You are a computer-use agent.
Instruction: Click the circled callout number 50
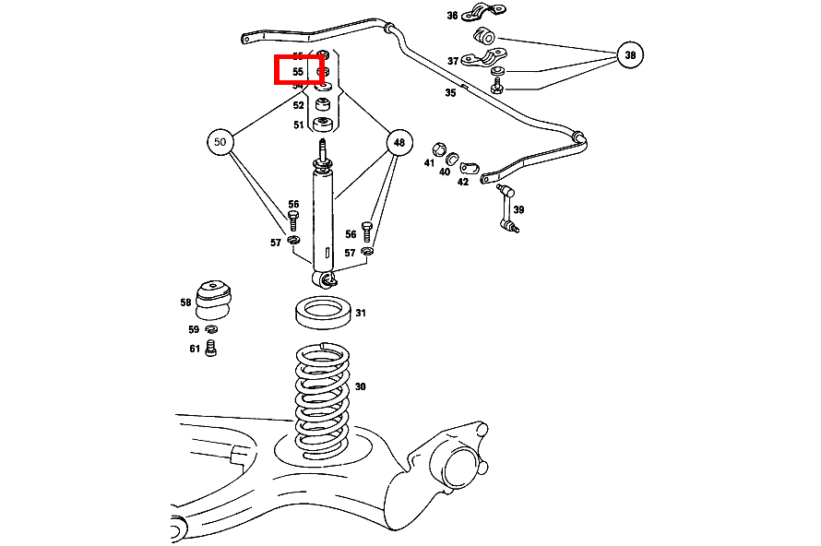pos(220,143)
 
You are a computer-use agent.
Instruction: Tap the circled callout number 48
pos(399,143)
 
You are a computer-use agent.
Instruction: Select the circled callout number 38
pos(630,56)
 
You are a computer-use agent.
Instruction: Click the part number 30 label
pos(360,386)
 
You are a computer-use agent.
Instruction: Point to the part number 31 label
pos(361,314)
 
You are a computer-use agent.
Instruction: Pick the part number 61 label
pos(195,349)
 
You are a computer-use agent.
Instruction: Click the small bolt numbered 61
pos(211,350)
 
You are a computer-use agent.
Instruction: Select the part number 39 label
pos(518,210)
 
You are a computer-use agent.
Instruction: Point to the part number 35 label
pos(450,92)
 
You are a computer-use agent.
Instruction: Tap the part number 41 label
pos(429,163)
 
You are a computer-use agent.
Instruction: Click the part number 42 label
pos(462,182)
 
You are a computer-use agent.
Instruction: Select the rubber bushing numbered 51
pos(323,125)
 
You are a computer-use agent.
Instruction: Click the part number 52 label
pos(298,106)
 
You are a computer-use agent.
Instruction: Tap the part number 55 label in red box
pos(298,71)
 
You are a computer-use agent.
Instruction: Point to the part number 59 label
pos(194,329)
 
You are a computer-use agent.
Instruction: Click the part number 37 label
pos(453,61)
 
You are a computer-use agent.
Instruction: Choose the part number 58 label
pos(186,303)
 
